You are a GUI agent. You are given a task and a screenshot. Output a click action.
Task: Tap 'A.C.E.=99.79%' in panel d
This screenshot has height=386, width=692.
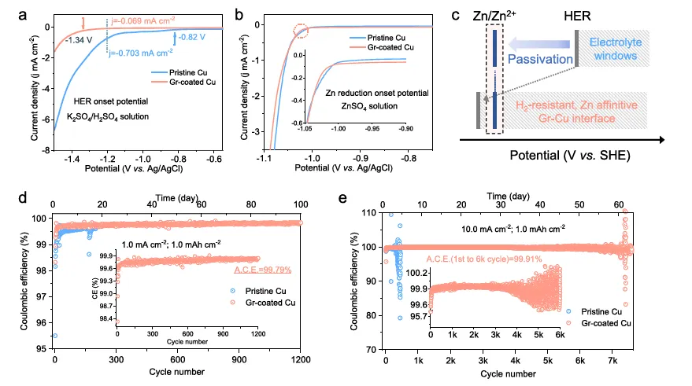click(264, 270)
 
